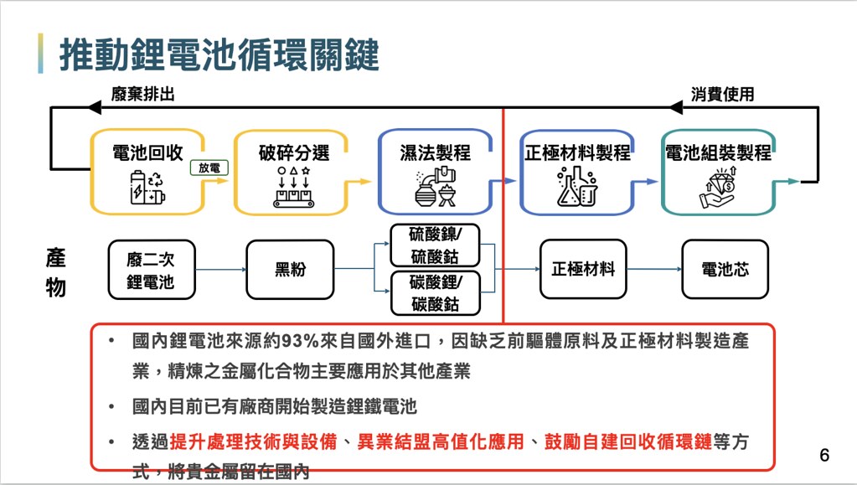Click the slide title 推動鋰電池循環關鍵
pyautogui.click(x=219, y=54)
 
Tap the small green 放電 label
pyautogui.click(x=209, y=168)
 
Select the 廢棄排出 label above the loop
pyautogui.click(x=142, y=94)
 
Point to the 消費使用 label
pyautogui.click(x=722, y=94)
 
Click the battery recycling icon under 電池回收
pyautogui.click(x=147, y=188)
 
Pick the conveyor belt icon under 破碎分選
pyautogui.click(x=293, y=187)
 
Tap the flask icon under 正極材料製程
pyautogui.click(x=576, y=187)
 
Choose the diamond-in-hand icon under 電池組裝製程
pyautogui.click(x=718, y=188)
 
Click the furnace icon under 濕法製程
pyautogui.click(x=435, y=187)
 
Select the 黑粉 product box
pyautogui.click(x=290, y=270)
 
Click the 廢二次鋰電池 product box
pyautogui.click(x=152, y=270)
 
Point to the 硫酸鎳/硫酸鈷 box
pyautogui.click(x=435, y=245)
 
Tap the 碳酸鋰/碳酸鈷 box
pyautogui.click(x=435, y=293)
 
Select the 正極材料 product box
pyautogui.click(x=583, y=269)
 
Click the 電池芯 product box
pyautogui.click(x=725, y=269)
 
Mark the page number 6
pyautogui.click(x=824, y=455)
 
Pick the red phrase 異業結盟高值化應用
pyautogui.click(x=441, y=441)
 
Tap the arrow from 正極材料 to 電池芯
pyautogui.click(x=654, y=269)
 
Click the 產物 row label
pyautogui.click(x=56, y=273)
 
